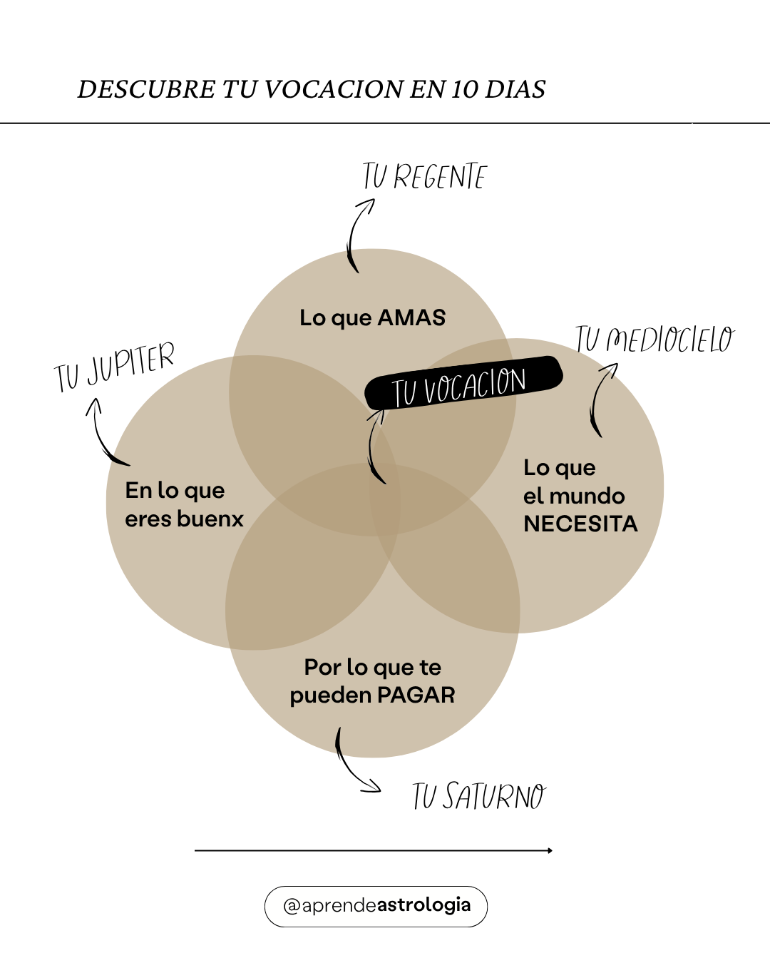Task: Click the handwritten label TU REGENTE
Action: click(424, 177)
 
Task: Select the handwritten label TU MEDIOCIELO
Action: click(654, 340)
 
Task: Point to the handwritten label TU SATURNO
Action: click(479, 796)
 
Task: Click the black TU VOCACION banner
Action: click(463, 384)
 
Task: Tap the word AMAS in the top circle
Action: click(411, 317)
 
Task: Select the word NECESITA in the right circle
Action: click(580, 524)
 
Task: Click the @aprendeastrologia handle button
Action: click(376, 906)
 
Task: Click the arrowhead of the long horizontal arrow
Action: click(550, 850)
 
